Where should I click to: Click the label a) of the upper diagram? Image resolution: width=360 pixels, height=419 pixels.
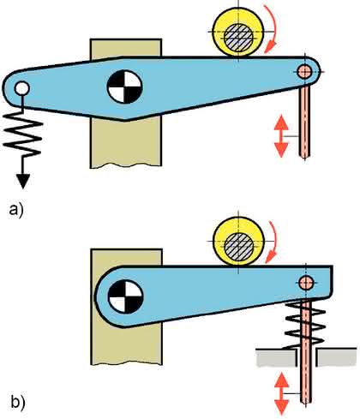[x=16, y=211]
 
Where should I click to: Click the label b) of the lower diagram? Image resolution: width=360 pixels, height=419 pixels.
[x=18, y=402]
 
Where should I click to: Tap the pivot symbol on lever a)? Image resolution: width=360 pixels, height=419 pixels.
[x=124, y=87]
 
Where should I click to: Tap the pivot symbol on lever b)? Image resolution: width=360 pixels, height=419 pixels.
[x=125, y=296]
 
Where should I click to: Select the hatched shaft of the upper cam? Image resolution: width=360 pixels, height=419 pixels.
[x=238, y=38]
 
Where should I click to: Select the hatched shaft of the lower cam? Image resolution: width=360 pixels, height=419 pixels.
[x=239, y=247]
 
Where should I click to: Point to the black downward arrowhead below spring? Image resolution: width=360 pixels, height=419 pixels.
[x=23, y=182]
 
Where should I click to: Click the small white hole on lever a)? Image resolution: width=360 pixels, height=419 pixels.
[x=22, y=88]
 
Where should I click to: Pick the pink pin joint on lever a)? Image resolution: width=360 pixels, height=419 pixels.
[x=304, y=71]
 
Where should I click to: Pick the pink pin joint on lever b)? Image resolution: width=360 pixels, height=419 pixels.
[x=306, y=283]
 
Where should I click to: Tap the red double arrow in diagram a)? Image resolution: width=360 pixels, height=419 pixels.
[x=281, y=136]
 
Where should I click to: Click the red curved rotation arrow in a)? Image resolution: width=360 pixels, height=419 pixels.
[x=272, y=28]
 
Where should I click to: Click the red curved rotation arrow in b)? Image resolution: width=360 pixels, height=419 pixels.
[x=272, y=242]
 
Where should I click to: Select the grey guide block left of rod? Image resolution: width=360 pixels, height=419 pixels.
[x=277, y=357]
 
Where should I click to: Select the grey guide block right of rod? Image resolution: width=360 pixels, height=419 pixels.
[x=337, y=357]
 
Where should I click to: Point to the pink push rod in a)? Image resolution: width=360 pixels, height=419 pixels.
[x=304, y=122]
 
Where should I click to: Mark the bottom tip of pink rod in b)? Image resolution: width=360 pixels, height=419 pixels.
[x=306, y=403]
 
